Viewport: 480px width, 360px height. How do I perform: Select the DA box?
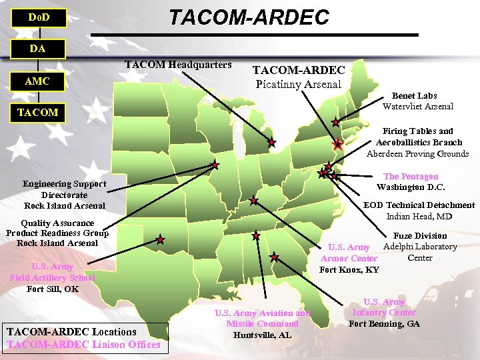tap(38, 49)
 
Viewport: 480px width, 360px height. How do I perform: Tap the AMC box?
tap(38, 81)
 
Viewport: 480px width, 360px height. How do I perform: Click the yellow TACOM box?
tap(38, 113)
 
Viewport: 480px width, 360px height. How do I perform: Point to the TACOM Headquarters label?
tap(178, 65)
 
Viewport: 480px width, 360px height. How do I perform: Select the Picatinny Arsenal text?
tap(298, 84)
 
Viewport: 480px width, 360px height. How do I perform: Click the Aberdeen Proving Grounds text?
tap(417, 153)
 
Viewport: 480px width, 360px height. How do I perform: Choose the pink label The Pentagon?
tap(411, 177)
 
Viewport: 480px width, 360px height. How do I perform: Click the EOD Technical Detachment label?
tap(419, 205)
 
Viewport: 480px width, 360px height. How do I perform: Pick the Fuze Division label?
tap(420, 236)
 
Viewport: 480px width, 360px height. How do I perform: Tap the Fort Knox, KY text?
tap(349, 269)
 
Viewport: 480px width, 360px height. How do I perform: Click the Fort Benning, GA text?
tap(384, 323)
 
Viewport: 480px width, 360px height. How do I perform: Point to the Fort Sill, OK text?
tap(53, 289)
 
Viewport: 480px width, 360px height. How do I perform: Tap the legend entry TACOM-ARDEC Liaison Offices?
tap(84, 344)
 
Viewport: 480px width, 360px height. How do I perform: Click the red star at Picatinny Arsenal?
tap(337, 145)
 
